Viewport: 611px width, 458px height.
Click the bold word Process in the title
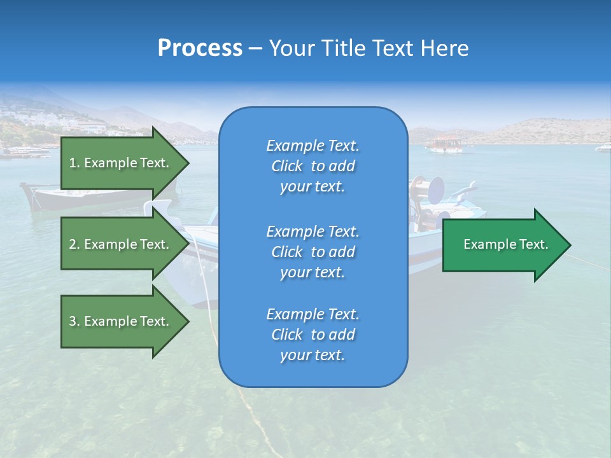[200, 48]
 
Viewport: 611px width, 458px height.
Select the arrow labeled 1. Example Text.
[121, 163]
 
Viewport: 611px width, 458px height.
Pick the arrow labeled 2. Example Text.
[121, 244]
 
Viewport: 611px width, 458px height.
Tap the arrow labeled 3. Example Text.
[121, 321]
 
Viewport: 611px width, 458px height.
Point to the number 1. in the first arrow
[74, 163]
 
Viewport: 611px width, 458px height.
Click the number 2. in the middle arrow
[74, 244]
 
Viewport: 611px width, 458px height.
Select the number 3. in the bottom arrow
[74, 321]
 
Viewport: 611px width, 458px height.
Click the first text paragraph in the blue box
[313, 166]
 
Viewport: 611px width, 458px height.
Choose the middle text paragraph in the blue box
[313, 252]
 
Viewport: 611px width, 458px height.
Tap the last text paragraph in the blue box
[313, 335]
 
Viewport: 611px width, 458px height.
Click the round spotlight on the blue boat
[435, 190]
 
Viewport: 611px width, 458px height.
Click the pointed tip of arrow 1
[188, 163]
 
